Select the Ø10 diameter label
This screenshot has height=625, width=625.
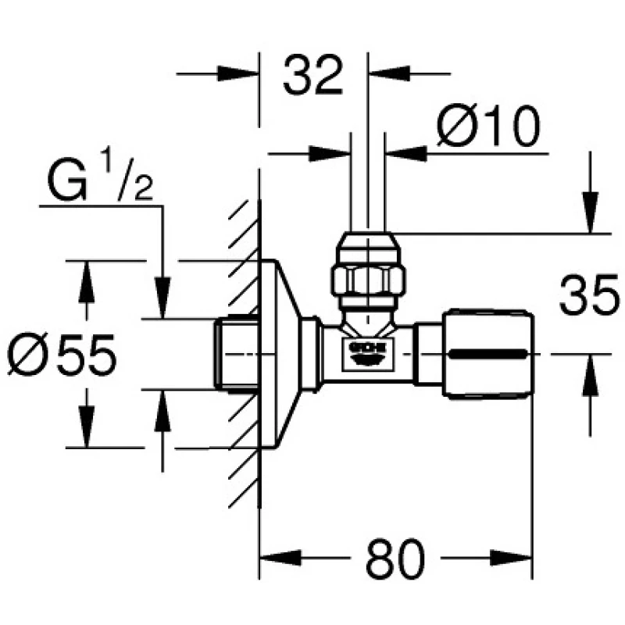488,127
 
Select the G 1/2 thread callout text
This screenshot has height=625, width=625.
97,184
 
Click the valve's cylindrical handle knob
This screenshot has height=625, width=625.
490,354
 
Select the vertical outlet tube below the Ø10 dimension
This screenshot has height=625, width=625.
366,187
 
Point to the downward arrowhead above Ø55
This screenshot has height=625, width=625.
86,281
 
